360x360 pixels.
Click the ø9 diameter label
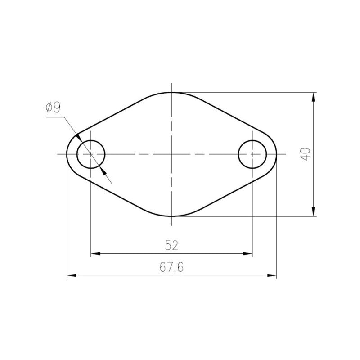pyautogui.click(x=53, y=108)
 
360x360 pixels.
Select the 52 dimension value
pyautogui.click(x=172, y=245)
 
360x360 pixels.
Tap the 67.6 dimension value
pyautogui.click(x=171, y=267)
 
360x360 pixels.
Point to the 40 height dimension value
pyautogui.click(x=306, y=154)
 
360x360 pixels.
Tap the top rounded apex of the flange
pyautogui.click(x=172, y=93)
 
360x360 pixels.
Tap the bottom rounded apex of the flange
pyautogui.click(x=172, y=216)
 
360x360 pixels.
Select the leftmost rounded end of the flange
pyautogui.click(x=67, y=154)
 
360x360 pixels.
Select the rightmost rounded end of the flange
pyautogui.click(x=276, y=154)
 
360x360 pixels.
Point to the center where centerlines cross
pyautogui.click(x=172, y=154)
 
